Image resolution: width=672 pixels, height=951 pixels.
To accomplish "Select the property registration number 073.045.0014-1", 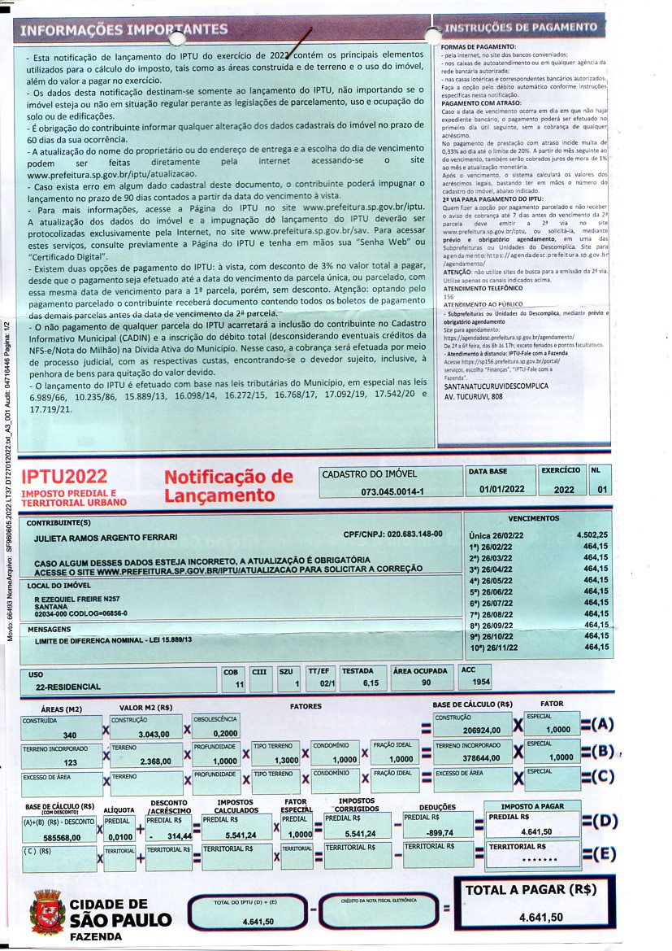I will point(392,492).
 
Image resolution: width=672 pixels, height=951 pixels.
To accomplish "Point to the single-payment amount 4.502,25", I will point(592,535).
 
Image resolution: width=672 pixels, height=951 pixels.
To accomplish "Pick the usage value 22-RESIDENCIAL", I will point(68,687).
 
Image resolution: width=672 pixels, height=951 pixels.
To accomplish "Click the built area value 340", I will point(69,735).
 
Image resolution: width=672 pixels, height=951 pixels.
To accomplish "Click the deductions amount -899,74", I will point(442,834).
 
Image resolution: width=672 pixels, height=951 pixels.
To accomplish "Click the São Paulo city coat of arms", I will point(46,913).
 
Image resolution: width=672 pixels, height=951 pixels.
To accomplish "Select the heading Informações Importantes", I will point(124,30).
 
